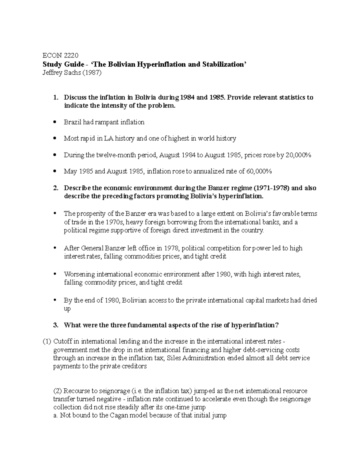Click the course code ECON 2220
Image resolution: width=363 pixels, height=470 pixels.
click(x=60, y=56)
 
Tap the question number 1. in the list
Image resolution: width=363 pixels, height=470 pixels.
click(x=55, y=97)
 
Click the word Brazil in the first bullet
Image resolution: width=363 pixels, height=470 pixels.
click(x=71, y=122)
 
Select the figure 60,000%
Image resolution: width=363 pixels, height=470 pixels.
click(x=259, y=172)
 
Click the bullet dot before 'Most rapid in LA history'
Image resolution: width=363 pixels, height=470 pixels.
click(x=55, y=139)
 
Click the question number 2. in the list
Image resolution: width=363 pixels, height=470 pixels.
click(x=55, y=188)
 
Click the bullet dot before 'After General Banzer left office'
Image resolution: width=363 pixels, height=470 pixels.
click(x=55, y=248)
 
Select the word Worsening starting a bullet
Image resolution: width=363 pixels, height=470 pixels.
click(x=79, y=274)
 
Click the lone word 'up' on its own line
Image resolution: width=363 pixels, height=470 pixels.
click(x=67, y=309)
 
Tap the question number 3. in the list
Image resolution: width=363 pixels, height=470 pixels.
click(x=55, y=325)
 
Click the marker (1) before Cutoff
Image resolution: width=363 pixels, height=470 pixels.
click(x=47, y=342)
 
